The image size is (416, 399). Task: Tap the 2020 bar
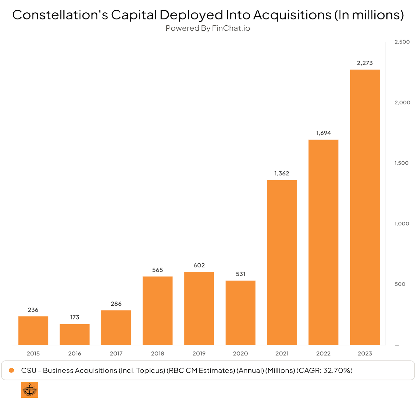240,313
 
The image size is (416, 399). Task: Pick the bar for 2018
158,311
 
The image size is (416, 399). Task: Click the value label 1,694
323,133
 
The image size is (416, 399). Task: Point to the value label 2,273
365,63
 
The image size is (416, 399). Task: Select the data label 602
199,265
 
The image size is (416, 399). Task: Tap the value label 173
74,317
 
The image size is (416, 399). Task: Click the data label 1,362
282,173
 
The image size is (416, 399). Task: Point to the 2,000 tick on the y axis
402,102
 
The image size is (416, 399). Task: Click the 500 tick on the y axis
400,284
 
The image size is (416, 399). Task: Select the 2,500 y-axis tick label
402,42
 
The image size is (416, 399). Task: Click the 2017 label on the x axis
116,353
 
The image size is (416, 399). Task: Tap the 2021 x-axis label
282,353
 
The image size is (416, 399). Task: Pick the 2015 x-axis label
33,353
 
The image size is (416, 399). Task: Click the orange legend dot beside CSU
12,370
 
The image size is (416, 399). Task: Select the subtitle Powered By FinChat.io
208,28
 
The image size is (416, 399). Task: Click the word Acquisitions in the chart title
292,15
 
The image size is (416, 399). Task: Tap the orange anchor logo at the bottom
30,390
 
